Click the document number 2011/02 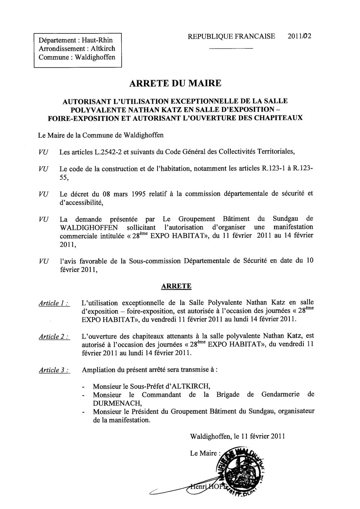click(x=300, y=36)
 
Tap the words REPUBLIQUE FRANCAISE click(x=231, y=36)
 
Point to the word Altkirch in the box click(x=103, y=49)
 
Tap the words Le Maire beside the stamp click(x=203, y=453)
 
